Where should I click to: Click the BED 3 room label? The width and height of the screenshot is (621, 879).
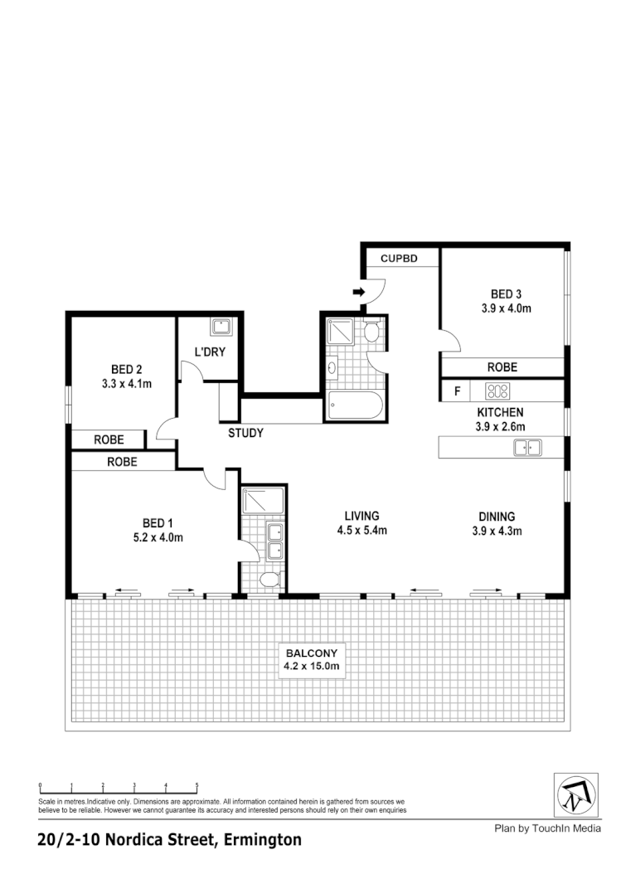[506, 294]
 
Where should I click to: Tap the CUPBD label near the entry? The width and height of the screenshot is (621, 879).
[398, 259]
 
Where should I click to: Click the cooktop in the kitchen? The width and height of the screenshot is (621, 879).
[497, 390]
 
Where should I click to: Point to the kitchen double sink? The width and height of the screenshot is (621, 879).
[527, 448]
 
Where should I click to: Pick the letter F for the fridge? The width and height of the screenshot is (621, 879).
[456, 391]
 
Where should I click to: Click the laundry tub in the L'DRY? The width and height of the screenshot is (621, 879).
[221, 326]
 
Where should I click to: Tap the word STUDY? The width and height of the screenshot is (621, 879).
[246, 433]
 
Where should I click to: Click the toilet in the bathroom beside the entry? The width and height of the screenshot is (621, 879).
[371, 333]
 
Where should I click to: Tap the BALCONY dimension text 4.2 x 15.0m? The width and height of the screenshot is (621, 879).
[313, 665]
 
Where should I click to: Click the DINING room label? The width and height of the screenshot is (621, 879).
[497, 516]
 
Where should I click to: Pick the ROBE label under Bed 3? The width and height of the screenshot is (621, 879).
[502, 367]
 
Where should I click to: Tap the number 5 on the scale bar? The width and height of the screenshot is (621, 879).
[196, 784]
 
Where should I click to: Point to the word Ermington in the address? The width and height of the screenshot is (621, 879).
[262, 840]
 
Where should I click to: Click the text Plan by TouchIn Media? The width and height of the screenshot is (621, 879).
[547, 828]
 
